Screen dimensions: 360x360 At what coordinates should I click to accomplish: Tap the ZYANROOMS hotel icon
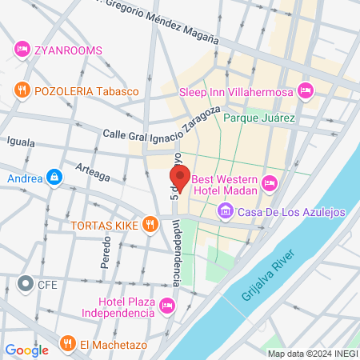22,50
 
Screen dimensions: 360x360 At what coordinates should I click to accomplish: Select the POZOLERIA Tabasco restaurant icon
22,91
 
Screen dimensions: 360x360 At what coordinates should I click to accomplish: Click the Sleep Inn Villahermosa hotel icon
304,92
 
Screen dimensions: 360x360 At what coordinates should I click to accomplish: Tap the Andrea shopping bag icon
54,176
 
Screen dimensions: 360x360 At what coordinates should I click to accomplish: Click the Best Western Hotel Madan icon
270,183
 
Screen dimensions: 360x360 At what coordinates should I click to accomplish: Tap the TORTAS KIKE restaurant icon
149,225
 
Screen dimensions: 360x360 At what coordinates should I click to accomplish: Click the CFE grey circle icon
24,283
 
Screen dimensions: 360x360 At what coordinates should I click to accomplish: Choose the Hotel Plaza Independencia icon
166,306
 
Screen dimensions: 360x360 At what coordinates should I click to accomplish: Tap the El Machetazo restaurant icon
67,345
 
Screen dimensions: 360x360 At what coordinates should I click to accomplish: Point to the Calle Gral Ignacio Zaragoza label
161,129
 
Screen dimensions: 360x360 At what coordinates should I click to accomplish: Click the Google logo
26,350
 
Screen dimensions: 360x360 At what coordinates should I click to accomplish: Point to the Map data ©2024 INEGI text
313,354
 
